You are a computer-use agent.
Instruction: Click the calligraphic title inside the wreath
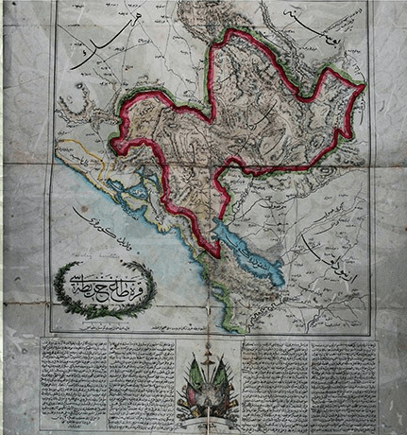point(107,283)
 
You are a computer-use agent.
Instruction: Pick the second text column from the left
point(142,381)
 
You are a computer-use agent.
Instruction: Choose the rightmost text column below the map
point(342,381)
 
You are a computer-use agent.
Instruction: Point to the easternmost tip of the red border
point(364,87)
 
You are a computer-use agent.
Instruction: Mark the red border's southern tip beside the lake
point(218,252)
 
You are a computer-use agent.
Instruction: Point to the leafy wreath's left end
point(58,287)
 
